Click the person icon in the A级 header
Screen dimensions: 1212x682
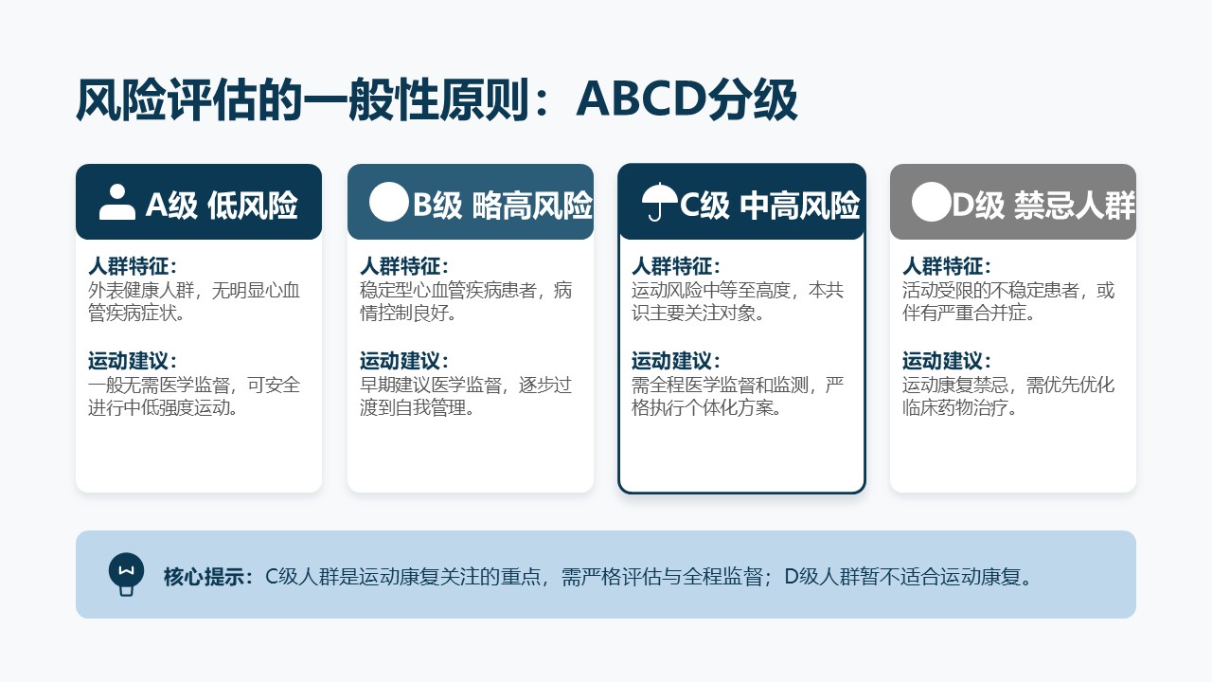117,203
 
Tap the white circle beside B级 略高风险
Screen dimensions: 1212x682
388,202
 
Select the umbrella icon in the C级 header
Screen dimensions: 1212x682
658,203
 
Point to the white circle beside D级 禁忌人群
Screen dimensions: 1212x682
931,202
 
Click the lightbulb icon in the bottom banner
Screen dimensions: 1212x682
126,574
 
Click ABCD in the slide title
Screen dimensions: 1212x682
641,99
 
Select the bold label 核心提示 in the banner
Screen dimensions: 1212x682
204,577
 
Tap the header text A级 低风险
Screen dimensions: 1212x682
222,206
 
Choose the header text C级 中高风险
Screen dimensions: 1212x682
770,206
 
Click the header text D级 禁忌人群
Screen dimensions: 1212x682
1043,206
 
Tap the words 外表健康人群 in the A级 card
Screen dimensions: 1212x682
141,291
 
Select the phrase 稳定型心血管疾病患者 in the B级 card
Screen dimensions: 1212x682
448,291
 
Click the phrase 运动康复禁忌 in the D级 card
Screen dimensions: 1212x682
955,386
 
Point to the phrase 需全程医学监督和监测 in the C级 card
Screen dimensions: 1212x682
720,386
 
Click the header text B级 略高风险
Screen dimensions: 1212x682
503,206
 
